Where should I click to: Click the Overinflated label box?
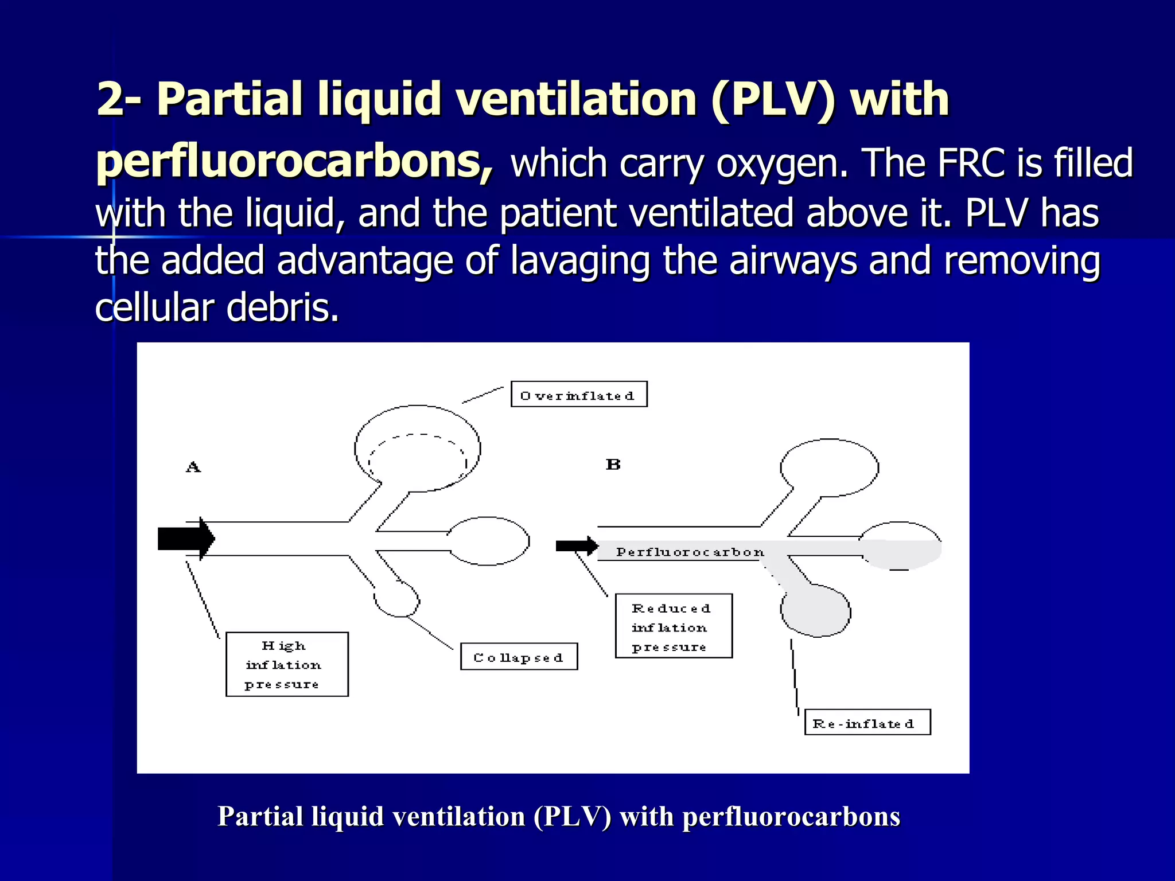tap(579, 394)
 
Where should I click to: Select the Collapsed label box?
tap(519, 657)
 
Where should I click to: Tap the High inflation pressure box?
tap(287, 664)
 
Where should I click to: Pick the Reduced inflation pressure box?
tap(674, 626)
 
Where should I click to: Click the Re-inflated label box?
tap(867, 722)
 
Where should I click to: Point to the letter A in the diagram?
tap(193, 467)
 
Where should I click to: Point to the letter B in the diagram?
tap(613, 464)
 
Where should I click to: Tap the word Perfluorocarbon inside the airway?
tap(690, 552)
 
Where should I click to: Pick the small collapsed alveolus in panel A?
tap(396, 600)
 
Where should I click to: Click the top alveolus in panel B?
tap(829, 467)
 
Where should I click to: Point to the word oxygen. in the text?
tap(781, 163)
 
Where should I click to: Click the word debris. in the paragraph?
tap(282, 308)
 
